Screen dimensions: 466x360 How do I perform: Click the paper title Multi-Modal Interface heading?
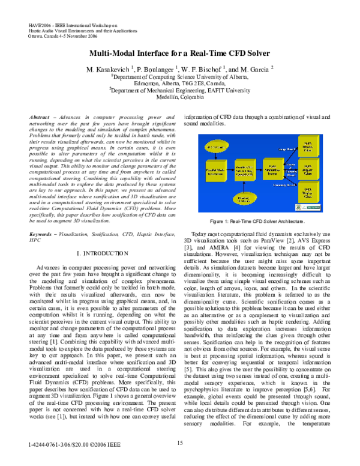[x=179, y=52]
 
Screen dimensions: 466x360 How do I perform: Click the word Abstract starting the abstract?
[x=42, y=116]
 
